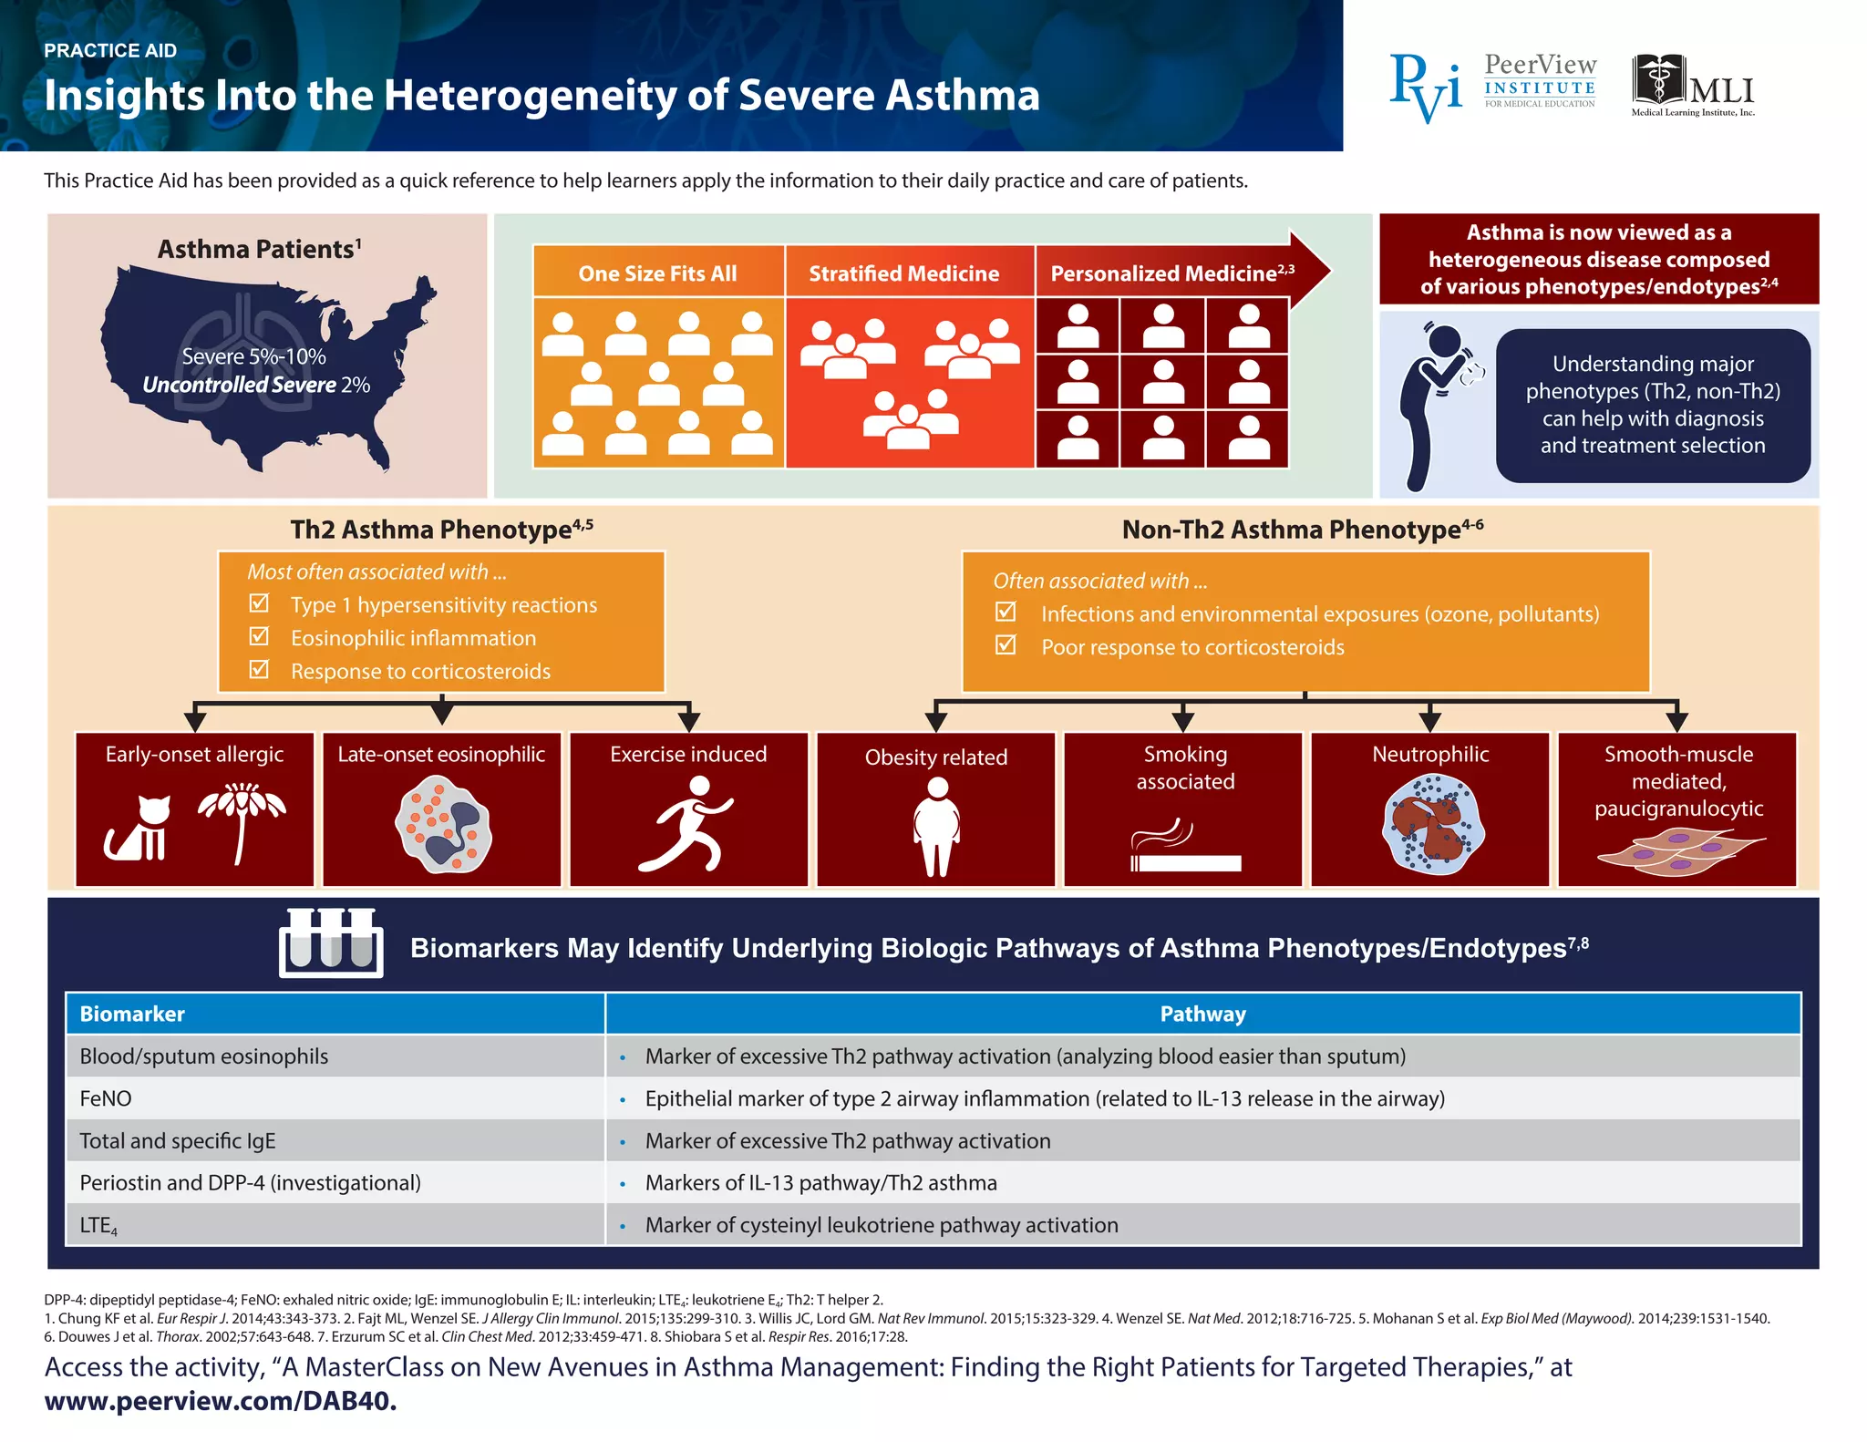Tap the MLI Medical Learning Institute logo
click(1693, 85)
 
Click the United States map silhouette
click(264, 365)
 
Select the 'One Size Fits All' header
click(657, 273)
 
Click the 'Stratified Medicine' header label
click(903, 273)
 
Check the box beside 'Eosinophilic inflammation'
click(260, 636)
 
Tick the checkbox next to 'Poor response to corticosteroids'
click(1006, 645)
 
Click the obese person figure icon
click(936, 826)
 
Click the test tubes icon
click(331, 942)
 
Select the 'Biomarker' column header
click(132, 1014)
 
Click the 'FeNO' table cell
click(106, 1098)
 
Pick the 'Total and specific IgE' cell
click(177, 1140)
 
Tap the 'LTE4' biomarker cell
click(98, 1226)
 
